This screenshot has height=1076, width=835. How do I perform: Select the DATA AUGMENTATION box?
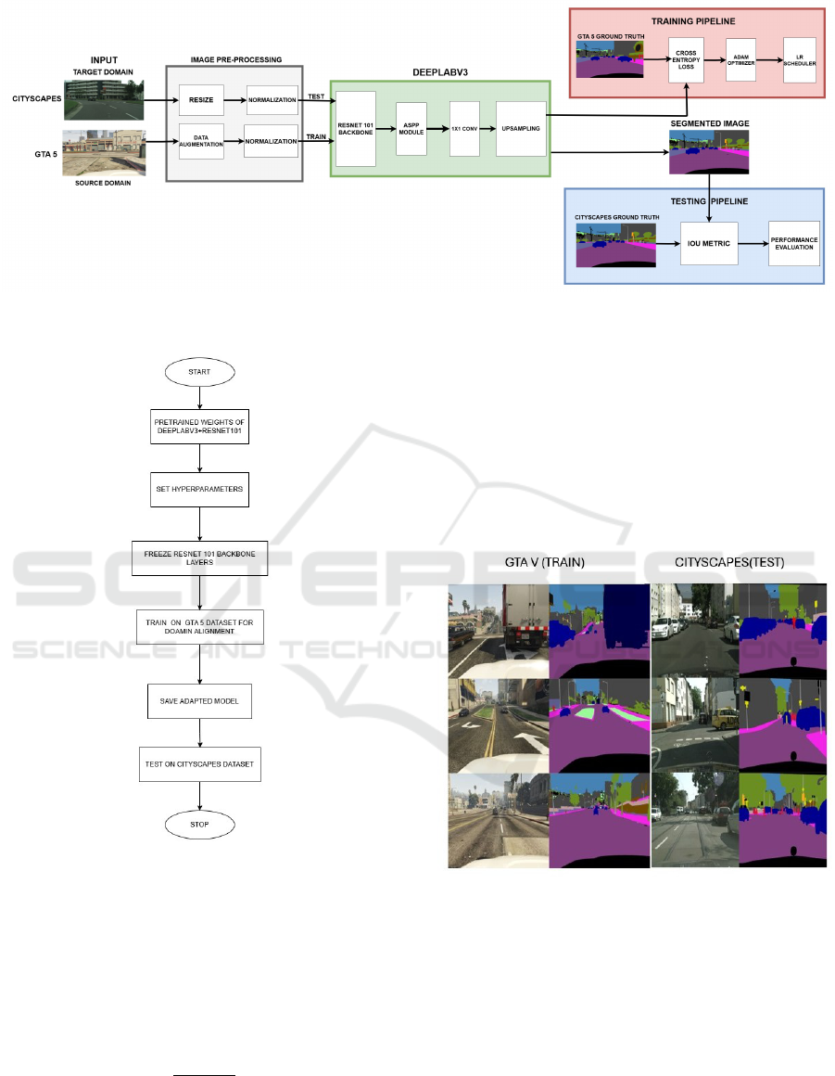coord(202,141)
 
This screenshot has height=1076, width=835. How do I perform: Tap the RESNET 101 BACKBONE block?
coord(356,128)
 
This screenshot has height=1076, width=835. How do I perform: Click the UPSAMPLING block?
coord(521,128)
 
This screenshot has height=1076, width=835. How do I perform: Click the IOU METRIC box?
coord(714,244)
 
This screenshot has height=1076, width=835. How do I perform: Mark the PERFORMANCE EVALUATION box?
coord(793,244)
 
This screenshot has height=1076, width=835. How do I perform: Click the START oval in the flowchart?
coord(198,372)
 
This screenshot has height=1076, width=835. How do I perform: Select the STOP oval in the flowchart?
coord(199,824)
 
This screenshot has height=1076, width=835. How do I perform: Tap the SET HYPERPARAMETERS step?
coord(199,489)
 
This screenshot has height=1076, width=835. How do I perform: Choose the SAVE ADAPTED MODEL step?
coord(199,700)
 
